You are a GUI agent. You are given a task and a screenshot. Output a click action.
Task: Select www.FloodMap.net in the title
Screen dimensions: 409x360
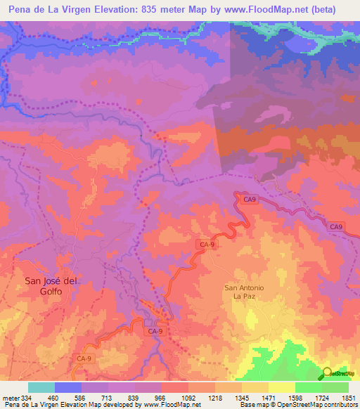pyautogui.click(x=268, y=9)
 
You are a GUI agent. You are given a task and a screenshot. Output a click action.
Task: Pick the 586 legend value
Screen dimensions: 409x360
pyautogui.click(x=82, y=398)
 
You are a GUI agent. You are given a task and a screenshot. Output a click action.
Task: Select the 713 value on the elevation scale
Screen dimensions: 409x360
pyautogui.click(x=108, y=398)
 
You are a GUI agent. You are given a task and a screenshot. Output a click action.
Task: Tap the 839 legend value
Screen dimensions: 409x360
pyautogui.click(x=135, y=398)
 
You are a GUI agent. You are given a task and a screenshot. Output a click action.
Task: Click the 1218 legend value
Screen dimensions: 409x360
pyautogui.click(x=215, y=398)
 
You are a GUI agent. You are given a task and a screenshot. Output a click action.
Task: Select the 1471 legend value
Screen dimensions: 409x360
pyautogui.click(x=269, y=398)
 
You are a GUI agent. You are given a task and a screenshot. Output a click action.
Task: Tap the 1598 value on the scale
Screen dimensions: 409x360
pyautogui.click(x=295, y=398)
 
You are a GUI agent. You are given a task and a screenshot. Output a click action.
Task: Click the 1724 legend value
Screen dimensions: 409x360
pyautogui.click(x=322, y=398)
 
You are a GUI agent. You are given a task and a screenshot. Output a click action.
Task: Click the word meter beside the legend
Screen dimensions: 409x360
pyautogui.click(x=10, y=398)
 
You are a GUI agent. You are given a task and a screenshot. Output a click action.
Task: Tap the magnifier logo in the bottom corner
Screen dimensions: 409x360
pyautogui.click(x=328, y=372)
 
